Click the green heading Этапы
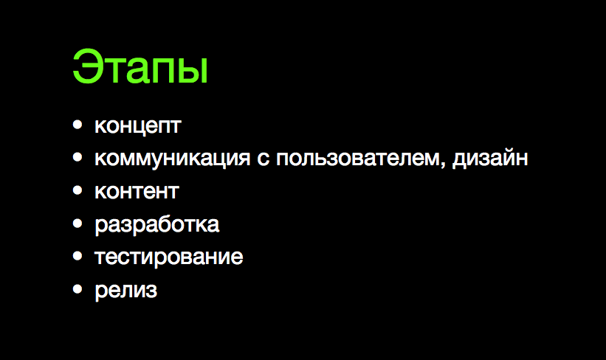point(140,68)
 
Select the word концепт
point(137,126)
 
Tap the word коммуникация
point(173,159)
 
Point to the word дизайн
point(491,159)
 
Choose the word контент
point(137,191)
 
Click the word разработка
point(156,224)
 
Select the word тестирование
point(168,257)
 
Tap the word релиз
point(125,290)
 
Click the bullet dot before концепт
point(78,125)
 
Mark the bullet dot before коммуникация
point(78,158)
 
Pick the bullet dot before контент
point(78,191)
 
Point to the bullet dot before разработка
point(78,224)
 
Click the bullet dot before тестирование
point(78,256)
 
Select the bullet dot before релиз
point(78,289)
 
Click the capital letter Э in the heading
point(86,68)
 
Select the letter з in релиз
point(151,291)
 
